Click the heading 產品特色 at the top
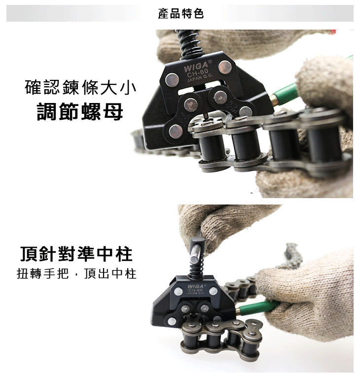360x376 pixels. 180,14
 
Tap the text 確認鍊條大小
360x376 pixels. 80,88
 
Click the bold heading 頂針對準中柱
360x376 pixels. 76,254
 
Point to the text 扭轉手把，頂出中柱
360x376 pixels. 76,273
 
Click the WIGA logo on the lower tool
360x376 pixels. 195,286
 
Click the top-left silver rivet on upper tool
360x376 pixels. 172,78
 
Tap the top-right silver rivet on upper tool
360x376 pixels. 225,67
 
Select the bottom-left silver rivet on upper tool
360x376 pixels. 176,131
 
